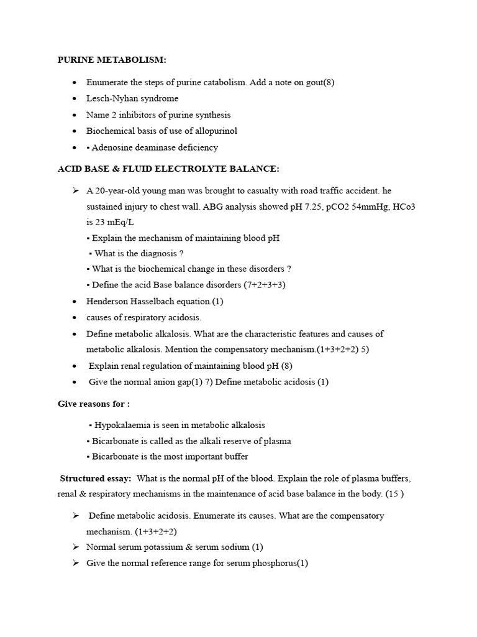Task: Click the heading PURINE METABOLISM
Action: pos(112,60)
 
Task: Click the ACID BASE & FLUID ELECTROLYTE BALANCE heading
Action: pos(168,169)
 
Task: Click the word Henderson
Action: pos(108,301)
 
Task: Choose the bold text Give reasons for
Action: pos(94,404)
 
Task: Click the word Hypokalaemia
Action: pos(122,425)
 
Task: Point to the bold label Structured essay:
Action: pos(95,478)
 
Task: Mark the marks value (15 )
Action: pos(394,495)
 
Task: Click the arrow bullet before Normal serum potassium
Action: pos(76,547)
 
